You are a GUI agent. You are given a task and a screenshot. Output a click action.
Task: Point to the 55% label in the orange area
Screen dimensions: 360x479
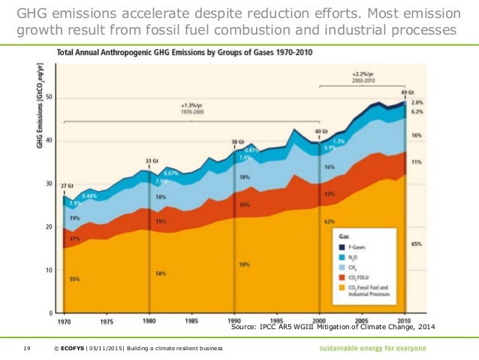(x=74, y=279)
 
